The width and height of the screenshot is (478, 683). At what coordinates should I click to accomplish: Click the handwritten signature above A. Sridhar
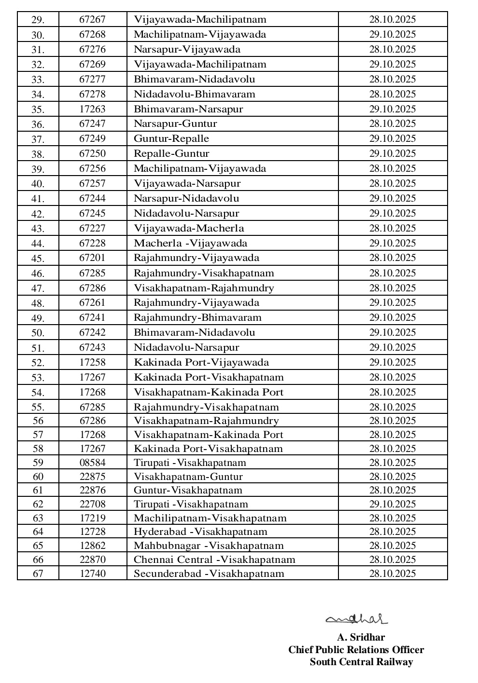(356, 618)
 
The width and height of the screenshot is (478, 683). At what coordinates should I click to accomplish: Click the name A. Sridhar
(361, 637)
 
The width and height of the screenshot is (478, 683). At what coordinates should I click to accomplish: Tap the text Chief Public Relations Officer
(356, 650)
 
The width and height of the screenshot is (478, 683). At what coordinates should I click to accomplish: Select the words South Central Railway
(361, 662)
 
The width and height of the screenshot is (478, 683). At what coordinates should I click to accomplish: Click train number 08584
(92, 463)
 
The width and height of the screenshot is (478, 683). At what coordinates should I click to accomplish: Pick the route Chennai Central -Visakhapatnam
(214, 560)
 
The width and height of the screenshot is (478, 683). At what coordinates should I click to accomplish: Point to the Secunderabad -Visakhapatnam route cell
(209, 574)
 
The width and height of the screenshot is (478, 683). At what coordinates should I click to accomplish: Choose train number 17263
(92, 109)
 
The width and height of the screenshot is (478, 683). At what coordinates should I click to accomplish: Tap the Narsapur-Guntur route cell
(175, 123)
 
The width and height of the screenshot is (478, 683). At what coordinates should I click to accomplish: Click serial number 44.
(38, 244)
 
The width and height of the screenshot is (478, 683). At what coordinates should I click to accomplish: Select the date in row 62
(393, 504)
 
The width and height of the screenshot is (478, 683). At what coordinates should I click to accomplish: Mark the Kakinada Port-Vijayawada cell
(201, 362)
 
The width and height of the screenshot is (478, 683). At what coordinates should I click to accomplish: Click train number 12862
(92, 546)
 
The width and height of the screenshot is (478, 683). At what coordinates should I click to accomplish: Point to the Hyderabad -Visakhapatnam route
(200, 532)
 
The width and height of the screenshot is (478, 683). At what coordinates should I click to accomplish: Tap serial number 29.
(38, 20)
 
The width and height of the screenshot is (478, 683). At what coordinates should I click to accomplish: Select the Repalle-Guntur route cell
(171, 153)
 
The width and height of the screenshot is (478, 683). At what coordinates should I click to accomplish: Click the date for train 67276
(393, 49)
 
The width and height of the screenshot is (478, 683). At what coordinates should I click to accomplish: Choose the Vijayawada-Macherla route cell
(189, 228)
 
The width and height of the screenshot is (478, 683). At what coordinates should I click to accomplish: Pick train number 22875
(92, 477)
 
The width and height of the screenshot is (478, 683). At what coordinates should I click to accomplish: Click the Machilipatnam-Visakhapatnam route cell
(210, 518)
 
